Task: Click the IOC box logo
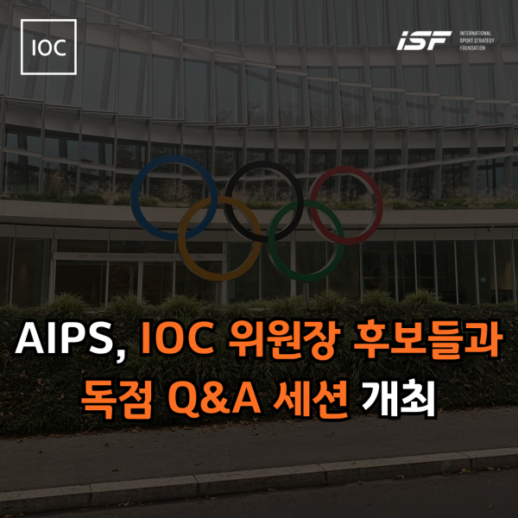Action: click(48, 47)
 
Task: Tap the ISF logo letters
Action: click(424, 41)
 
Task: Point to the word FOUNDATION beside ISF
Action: click(472, 47)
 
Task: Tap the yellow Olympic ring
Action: click(181, 238)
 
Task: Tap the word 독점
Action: click(117, 399)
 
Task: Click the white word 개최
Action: click(398, 399)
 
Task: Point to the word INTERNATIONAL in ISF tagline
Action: click(476, 34)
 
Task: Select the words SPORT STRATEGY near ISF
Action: click(477, 41)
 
